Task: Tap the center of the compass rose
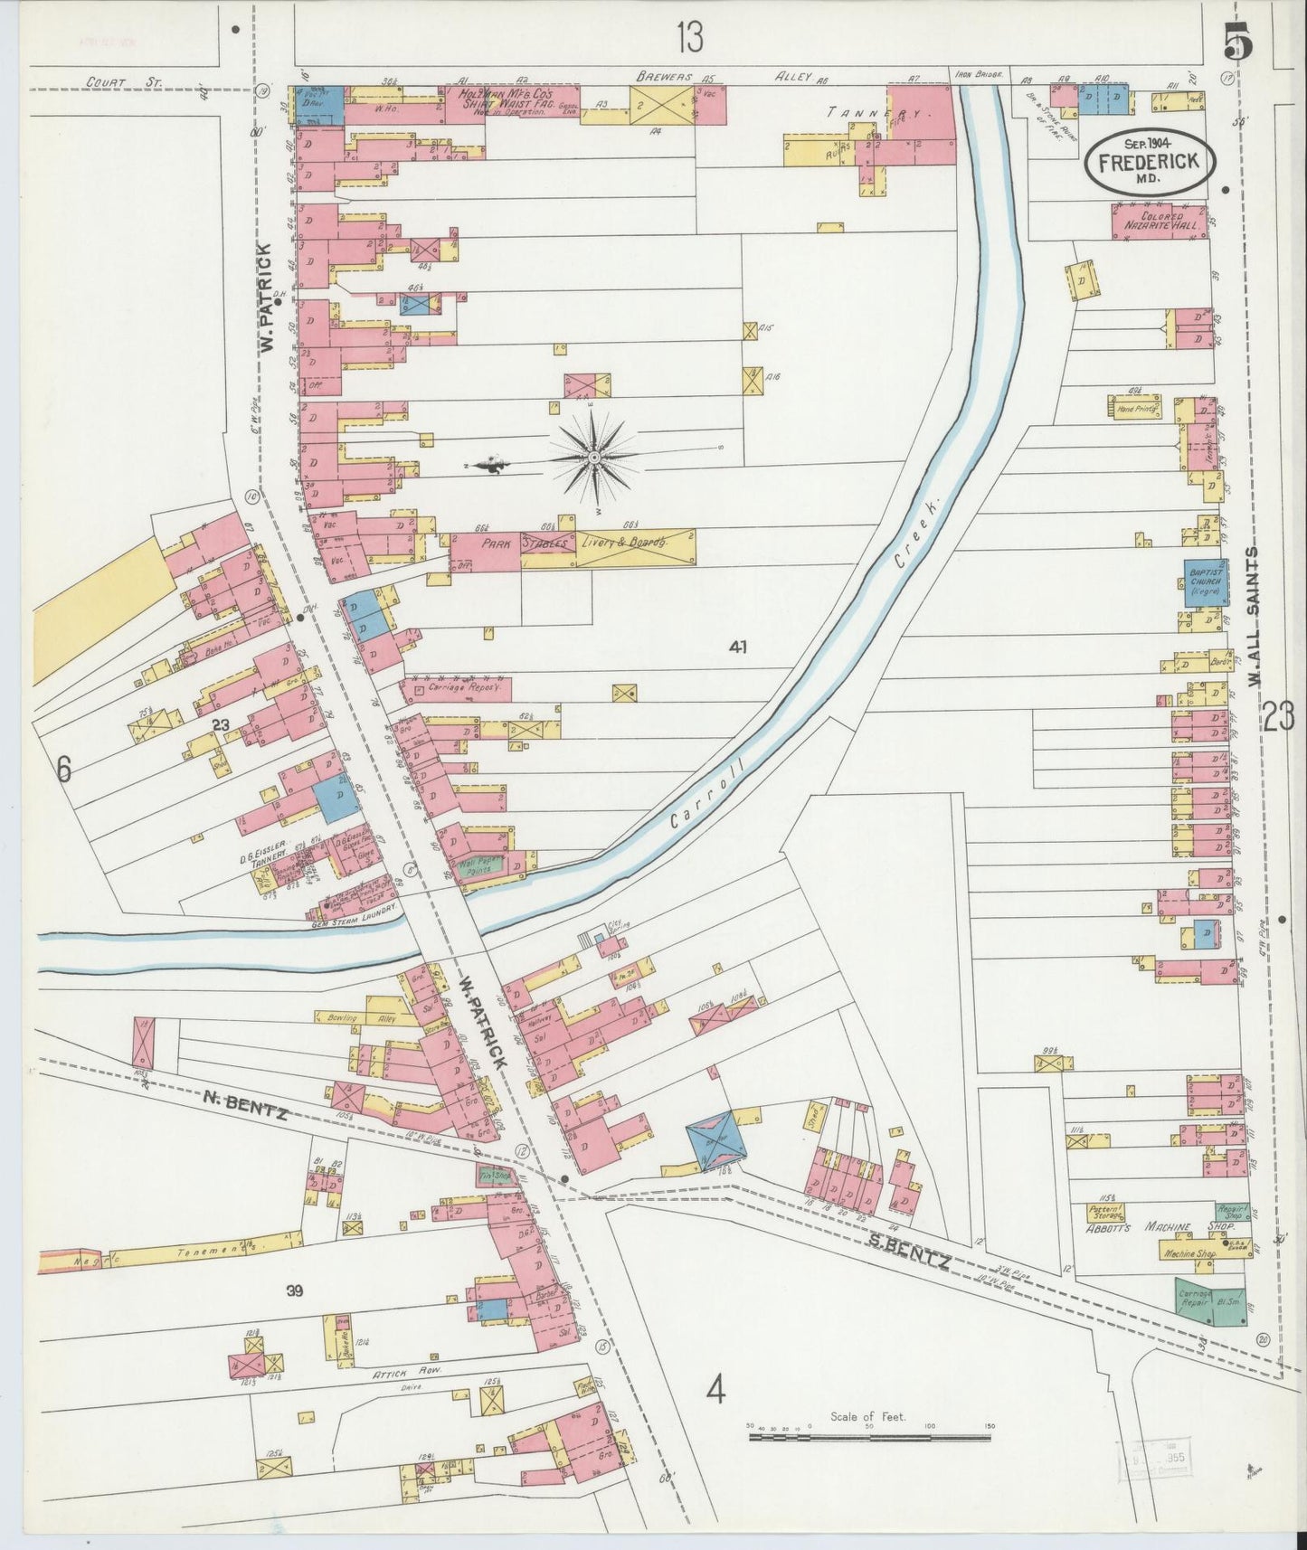click(593, 459)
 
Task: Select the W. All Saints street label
click(1254, 616)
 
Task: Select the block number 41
click(740, 647)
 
